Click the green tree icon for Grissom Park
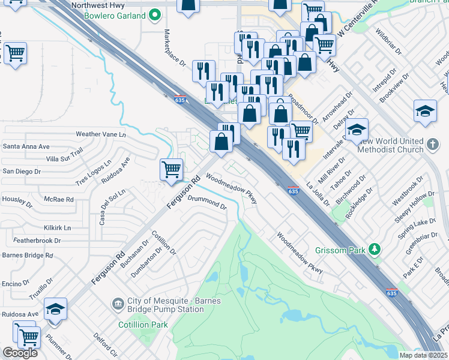(375, 248)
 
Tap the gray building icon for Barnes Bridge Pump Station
(118, 305)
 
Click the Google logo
(20, 352)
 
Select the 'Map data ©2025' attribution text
(424, 355)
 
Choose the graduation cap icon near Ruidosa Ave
(55, 308)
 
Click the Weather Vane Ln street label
(100, 134)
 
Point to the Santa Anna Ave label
(26, 146)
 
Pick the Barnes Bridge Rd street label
(28, 255)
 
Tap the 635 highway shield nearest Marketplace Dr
(179, 100)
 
